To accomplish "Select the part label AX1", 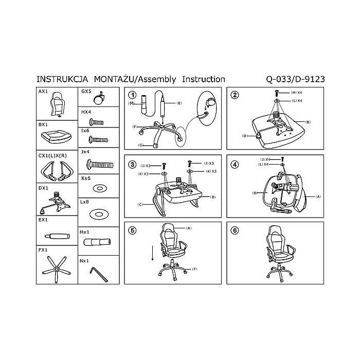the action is click(44, 91).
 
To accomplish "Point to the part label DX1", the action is click(44, 188).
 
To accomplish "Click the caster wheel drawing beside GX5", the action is click(101, 98).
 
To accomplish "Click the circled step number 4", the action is click(235, 165).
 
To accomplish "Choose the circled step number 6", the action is click(235, 230).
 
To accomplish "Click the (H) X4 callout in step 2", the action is click(296, 92).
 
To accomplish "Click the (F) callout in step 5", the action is click(195, 269).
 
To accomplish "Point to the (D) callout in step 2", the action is click(245, 136).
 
